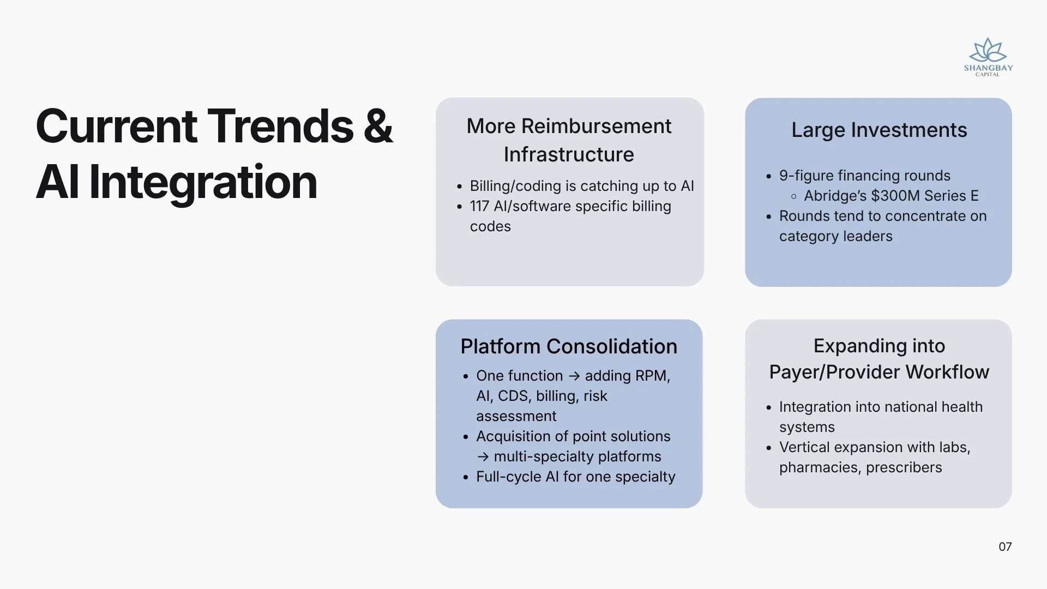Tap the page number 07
tap(1005, 547)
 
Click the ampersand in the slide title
tap(377, 126)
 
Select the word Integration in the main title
tap(203, 183)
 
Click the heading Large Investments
tap(879, 130)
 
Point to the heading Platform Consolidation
tap(569, 346)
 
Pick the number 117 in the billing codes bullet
tap(479, 206)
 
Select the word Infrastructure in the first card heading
tap(569, 154)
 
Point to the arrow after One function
tap(574, 376)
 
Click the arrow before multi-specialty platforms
tap(483, 457)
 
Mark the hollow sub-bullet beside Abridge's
tap(793, 196)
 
